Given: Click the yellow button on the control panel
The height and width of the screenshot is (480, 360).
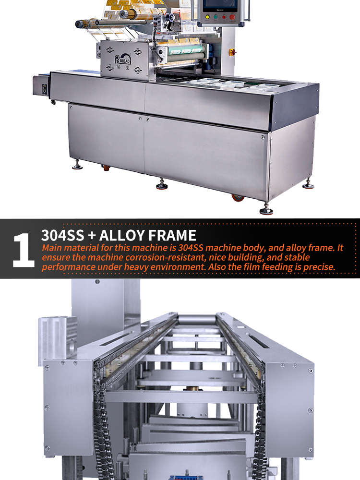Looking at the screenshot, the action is click(207, 17).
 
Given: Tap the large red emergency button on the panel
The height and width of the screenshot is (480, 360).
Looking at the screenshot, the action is click(232, 17).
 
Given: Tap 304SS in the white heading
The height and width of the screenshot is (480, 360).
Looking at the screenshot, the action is click(62, 235).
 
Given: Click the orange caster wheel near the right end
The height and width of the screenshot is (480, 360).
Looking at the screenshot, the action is click(238, 198).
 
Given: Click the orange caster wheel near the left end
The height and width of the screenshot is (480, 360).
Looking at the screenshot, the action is click(106, 168).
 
